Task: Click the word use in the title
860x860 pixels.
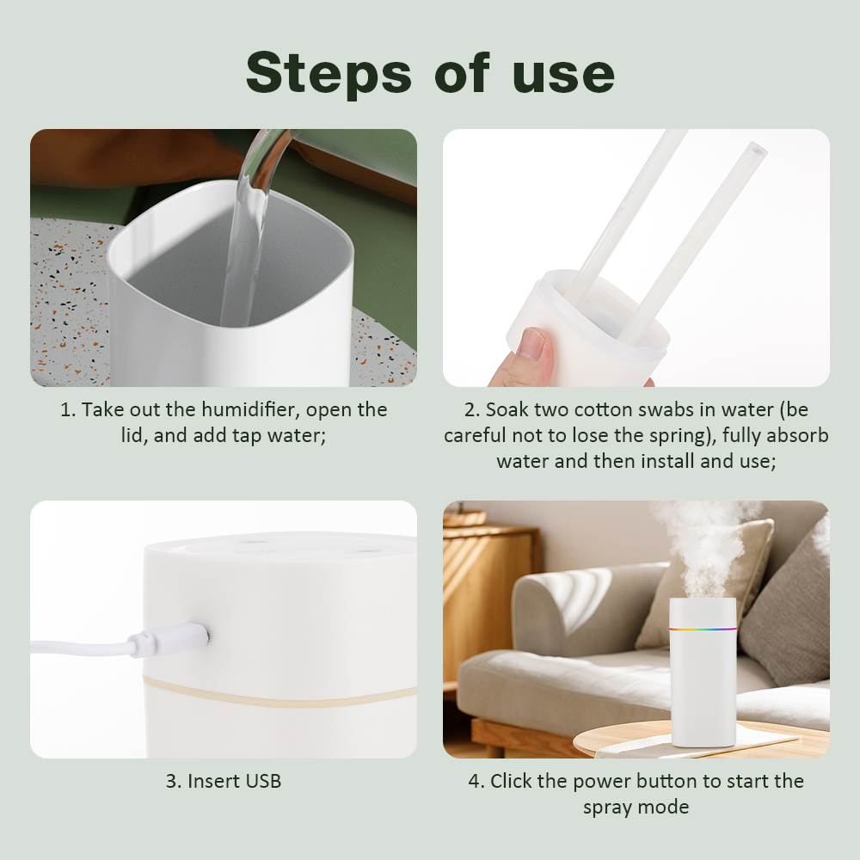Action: (563, 74)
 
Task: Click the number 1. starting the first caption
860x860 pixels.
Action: (68, 409)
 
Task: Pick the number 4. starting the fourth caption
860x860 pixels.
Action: (476, 781)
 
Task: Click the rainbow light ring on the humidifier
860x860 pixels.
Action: (703, 629)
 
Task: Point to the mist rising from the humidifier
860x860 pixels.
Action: (701, 542)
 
